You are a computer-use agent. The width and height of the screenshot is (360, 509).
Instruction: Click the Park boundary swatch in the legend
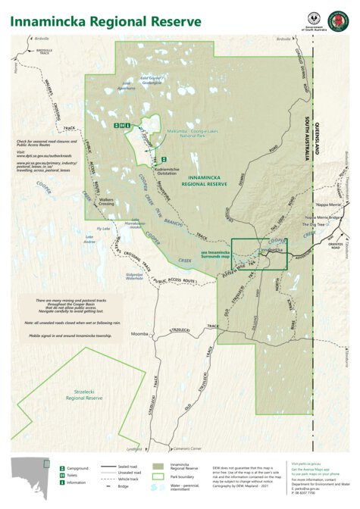pyautogui.click(x=158, y=477)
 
